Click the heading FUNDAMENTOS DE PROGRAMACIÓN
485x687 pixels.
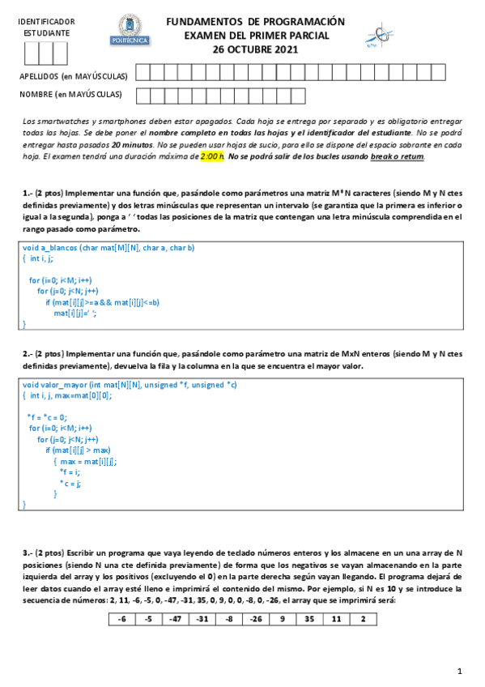255,22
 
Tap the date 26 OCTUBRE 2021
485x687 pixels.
255,49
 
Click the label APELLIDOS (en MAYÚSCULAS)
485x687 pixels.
74,77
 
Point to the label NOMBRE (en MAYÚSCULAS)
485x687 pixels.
70,96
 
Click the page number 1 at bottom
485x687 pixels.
458,671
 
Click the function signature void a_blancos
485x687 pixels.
108,247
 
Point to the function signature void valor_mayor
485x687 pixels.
130,384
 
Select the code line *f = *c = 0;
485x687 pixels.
49,416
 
